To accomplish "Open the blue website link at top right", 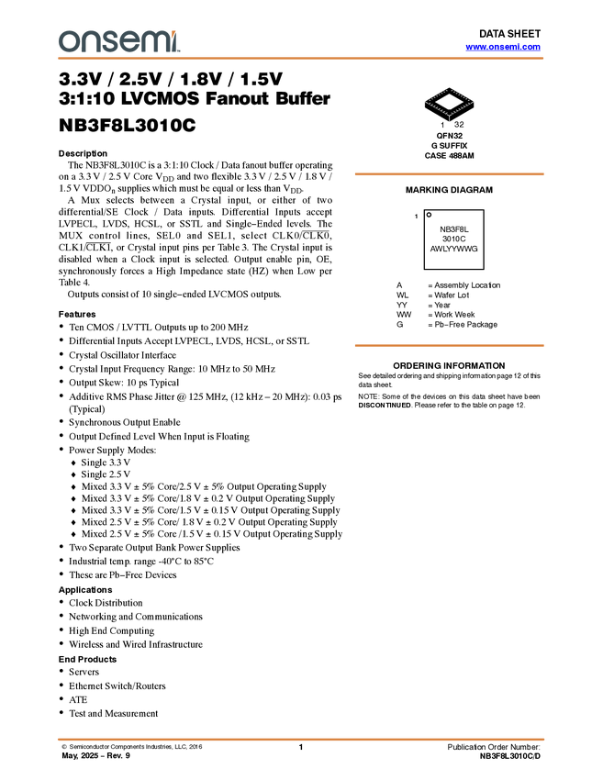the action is coord(503,47).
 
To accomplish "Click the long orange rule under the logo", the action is coord(301,59).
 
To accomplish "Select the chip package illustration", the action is coord(449,104).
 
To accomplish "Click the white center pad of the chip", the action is coord(449,102).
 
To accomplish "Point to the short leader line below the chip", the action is coord(449,120).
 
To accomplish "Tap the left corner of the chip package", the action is coord(424,102).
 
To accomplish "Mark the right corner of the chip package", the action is coord(475,102).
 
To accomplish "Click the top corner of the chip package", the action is coord(449,89).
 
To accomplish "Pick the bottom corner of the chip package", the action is coord(449,116).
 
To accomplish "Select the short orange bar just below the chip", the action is coord(449,173).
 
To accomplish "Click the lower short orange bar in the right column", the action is coord(449,345).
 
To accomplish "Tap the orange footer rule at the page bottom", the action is coord(301,739).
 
